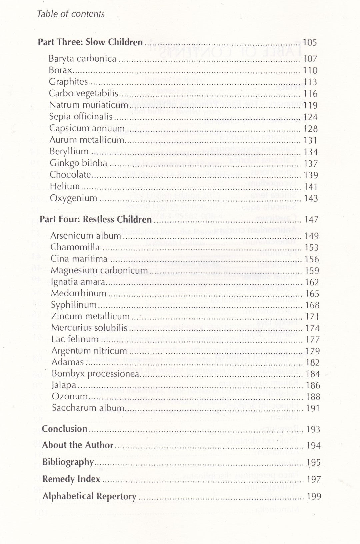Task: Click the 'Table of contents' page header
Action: (x=71, y=14)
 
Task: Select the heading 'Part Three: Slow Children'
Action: (x=90, y=42)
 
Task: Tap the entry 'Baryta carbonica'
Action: (x=82, y=59)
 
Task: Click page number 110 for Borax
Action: (x=310, y=71)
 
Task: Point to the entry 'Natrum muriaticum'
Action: (x=88, y=105)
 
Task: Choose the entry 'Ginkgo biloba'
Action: (x=78, y=163)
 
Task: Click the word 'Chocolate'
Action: (x=70, y=175)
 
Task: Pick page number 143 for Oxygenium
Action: (x=311, y=198)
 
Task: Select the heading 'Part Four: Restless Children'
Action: (x=96, y=219)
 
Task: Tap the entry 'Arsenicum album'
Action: (x=85, y=236)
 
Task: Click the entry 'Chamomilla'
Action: (x=75, y=247)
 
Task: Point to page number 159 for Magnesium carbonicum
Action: (x=312, y=271)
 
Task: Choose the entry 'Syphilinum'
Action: (x=74, y=305)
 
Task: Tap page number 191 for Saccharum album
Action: (x=313, y=409)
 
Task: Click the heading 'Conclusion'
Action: (x=65, y=429)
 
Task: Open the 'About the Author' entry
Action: (x=78, y=445)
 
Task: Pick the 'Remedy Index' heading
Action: (x=71, y=479)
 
